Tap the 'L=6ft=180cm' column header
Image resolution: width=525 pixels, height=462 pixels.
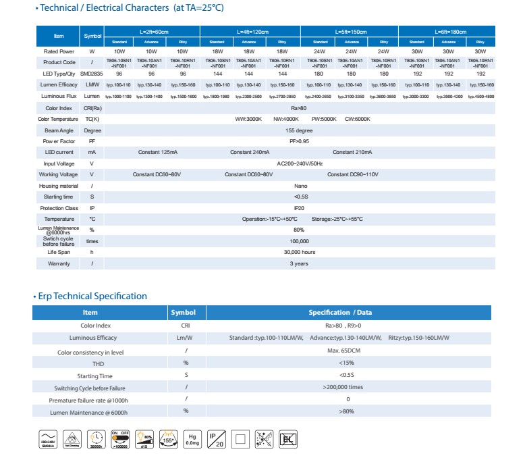click(447, 31)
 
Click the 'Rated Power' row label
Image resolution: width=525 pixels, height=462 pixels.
click(59, 51)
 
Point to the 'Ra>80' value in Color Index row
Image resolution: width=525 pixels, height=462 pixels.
click(299, 108)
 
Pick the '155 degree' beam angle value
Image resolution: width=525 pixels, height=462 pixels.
click(299, 130)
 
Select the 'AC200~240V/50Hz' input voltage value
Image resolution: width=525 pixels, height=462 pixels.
click(300, 163)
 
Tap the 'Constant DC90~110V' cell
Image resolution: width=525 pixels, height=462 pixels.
click(353, 174)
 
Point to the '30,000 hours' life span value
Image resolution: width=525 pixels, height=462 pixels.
click(300, 252)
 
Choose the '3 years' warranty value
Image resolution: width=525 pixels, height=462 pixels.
click(300, 263)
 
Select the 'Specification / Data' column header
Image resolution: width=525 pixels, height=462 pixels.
click(350, 313)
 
